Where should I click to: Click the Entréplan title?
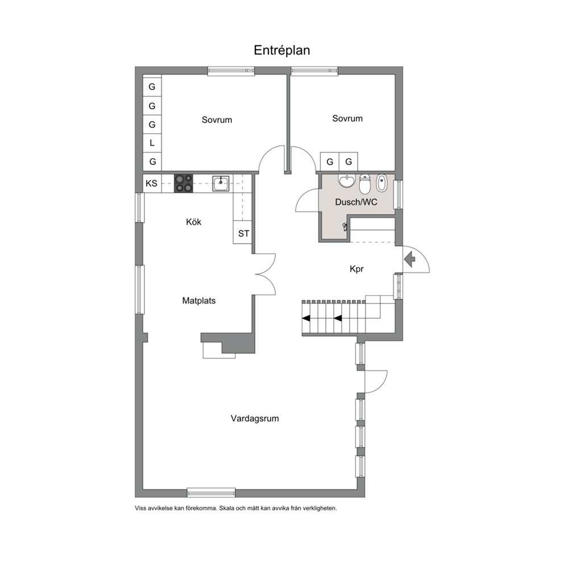click(281, 51)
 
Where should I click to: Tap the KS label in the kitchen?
click(151, 184)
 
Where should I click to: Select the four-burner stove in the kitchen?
click(184, 184)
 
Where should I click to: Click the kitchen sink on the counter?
click(221, 184)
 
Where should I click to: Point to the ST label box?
click(243, 234)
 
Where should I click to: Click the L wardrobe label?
click(152, 143)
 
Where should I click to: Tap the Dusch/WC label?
click(356, 202)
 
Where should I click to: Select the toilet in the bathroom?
click(365, 184)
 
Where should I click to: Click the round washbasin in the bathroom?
click(347, 181)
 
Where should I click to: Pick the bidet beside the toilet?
click(381, 183)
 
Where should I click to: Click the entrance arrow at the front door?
click(410, 259)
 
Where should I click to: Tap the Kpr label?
click(356, 269)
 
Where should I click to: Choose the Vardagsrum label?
click(255, 418)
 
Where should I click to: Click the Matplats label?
click(199, 301)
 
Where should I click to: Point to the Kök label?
click(193, 222)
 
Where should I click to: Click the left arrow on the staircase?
click(306, 318)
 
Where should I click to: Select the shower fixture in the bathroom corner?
click(345, 227)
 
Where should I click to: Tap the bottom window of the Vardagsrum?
click(211, 492)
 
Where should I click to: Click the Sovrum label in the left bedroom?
click(217, 120)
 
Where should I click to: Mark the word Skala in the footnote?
click(227, 509)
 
